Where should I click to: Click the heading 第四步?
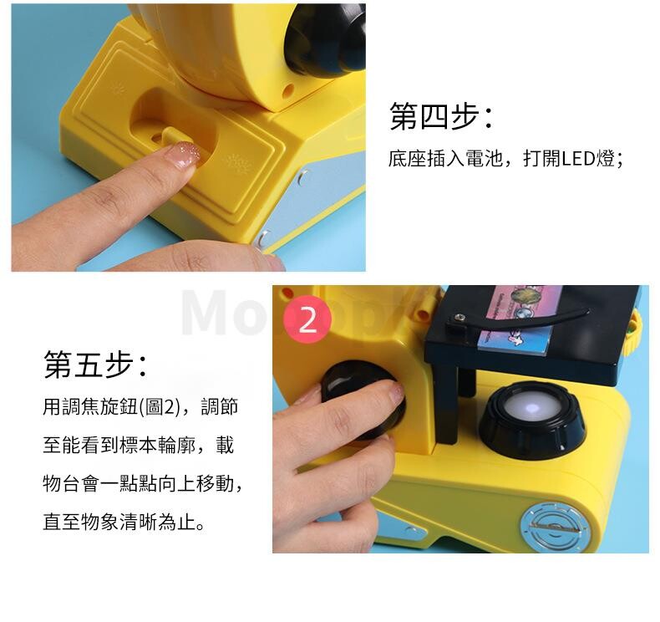point(440,115)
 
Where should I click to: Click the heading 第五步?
point(94,364)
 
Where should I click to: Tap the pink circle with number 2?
point(307,319)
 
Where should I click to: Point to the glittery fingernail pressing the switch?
point(184,154)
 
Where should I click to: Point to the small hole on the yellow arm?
point(288,89)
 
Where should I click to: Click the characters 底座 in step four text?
point(407,159)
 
